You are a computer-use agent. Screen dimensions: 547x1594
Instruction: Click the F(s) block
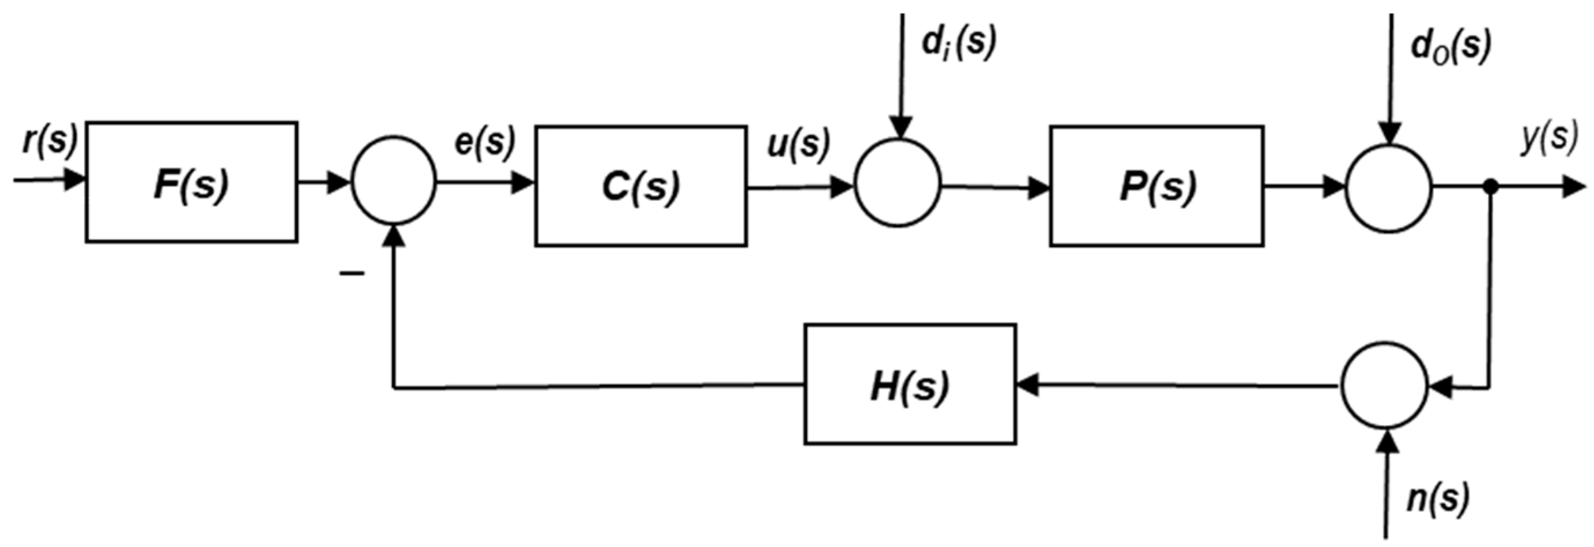[x=191, y=182]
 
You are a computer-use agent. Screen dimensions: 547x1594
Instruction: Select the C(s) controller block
[x=640, y=186]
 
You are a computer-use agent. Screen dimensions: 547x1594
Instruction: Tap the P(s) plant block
[x=1156, y=186]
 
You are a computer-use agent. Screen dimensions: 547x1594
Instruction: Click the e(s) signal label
[x=484, y=142]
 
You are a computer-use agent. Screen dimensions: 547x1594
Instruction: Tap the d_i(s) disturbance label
[x=958, y=43]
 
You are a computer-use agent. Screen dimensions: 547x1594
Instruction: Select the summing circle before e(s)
[x=394, y=182]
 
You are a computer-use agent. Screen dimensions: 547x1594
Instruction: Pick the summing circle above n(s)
[x=1385, y=386]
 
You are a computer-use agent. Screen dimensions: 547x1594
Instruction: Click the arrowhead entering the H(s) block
[x=1027, y=386]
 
